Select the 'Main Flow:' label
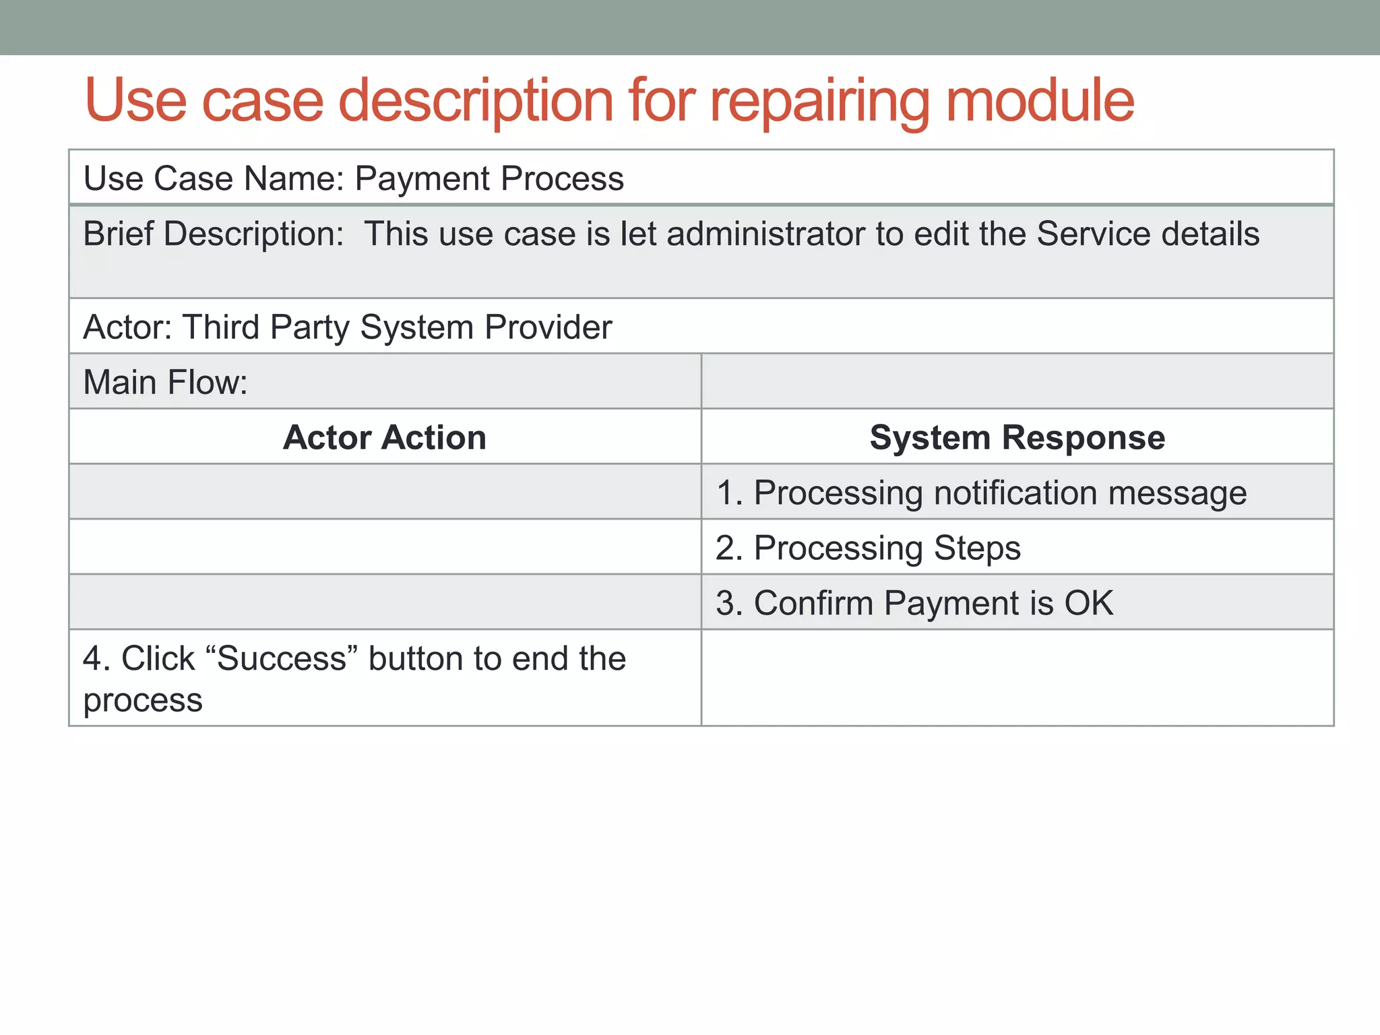pos(166,382)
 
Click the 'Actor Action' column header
pos(384,437)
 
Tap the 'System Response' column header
pos(1017,437)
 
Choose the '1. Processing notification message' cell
pos(981,493)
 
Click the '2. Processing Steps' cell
pos(868,548)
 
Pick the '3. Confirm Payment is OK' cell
pos(914,603)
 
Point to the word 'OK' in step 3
pos(1088,603)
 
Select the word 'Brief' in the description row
pos(118,234)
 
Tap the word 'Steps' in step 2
pos(977,548)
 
